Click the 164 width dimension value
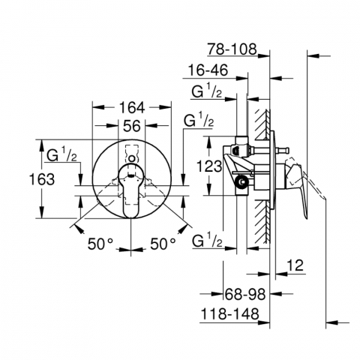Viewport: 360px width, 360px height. pos(132,108)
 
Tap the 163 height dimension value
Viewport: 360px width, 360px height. pos(42,179)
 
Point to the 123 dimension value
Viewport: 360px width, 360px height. pos(209,166)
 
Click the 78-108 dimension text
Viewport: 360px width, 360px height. pos(232,49)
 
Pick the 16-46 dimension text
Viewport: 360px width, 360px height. pos(208,70)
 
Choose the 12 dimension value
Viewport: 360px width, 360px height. pos(295,265)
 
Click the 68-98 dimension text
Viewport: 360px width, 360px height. pos(245,294)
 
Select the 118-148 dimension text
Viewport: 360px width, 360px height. pos(230,313)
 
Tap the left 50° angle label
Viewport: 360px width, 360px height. pos(100,244)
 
